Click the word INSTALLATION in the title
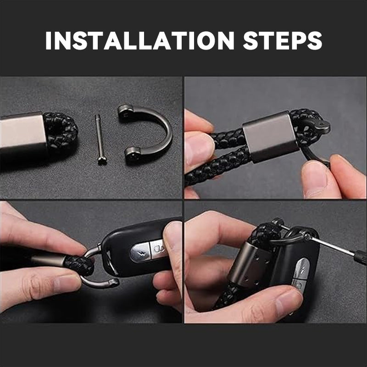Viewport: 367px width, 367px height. pos(140,40)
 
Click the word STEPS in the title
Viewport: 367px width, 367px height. pos(282,40)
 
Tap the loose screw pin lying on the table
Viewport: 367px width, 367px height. pos(100,139)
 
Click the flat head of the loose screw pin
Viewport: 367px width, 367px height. pos(102,160)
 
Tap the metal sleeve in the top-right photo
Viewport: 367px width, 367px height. pos(271,137)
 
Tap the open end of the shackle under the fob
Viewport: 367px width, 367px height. pos(114,283)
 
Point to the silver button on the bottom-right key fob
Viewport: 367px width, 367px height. pos(302,269)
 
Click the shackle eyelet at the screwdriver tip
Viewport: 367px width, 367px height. pos(306,235)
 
